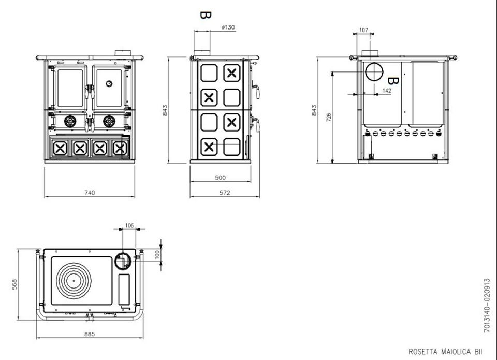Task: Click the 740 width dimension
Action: point(90,192)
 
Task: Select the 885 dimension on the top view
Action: point(90,334)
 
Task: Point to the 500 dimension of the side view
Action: point(220,178)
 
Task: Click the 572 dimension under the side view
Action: point(224,193)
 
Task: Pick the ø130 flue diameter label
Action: point(228,27)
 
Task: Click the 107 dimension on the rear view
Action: point(363,31)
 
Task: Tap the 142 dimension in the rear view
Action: point(386,90)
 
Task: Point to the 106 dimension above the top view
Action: point(129,225)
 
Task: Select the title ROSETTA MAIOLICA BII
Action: point(445,351)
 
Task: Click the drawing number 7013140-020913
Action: point(487,306)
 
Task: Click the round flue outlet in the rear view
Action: point(374,72)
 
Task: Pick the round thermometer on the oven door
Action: point(109,83)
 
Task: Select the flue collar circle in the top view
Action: point(122,261)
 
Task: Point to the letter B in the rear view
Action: point(393,81)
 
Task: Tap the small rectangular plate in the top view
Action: point(124,289)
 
